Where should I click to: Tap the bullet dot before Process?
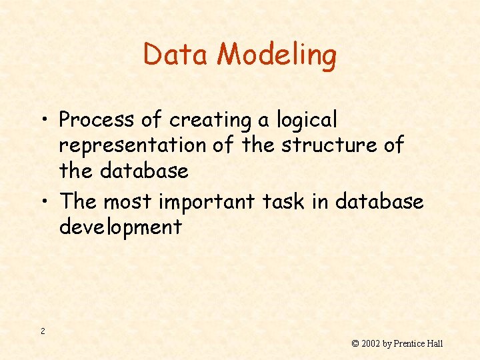pos(44,121)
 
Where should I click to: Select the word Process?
pos(97,120)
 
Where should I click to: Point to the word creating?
pos(209,121)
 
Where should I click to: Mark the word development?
pos(120,227)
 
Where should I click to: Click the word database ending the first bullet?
pos(144,171)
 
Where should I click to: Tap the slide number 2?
pos(43,331)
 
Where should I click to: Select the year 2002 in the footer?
pos(370,344)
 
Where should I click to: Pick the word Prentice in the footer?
pos(409,344)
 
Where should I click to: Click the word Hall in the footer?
pos(435,344)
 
